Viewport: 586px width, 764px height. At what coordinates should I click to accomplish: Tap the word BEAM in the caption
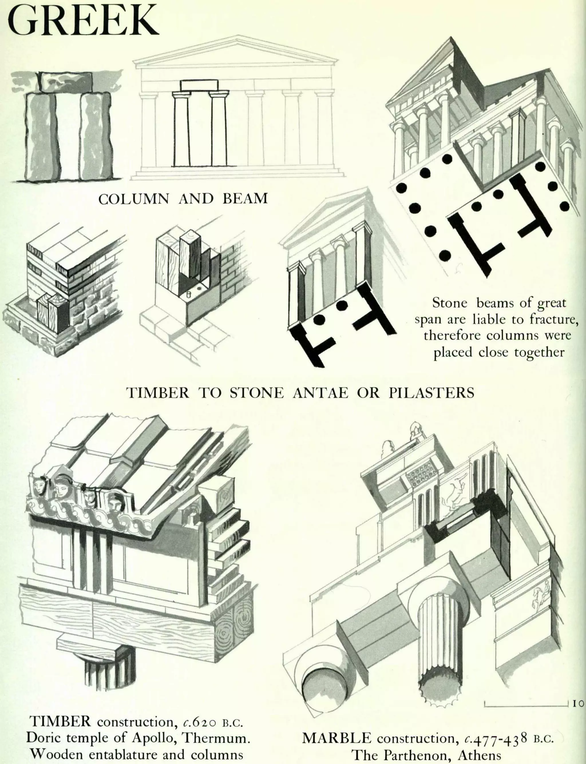pyautogui.click(x=245, y=199)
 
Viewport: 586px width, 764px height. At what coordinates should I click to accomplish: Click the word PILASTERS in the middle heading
pyautogui.click(x=431, y=393)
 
